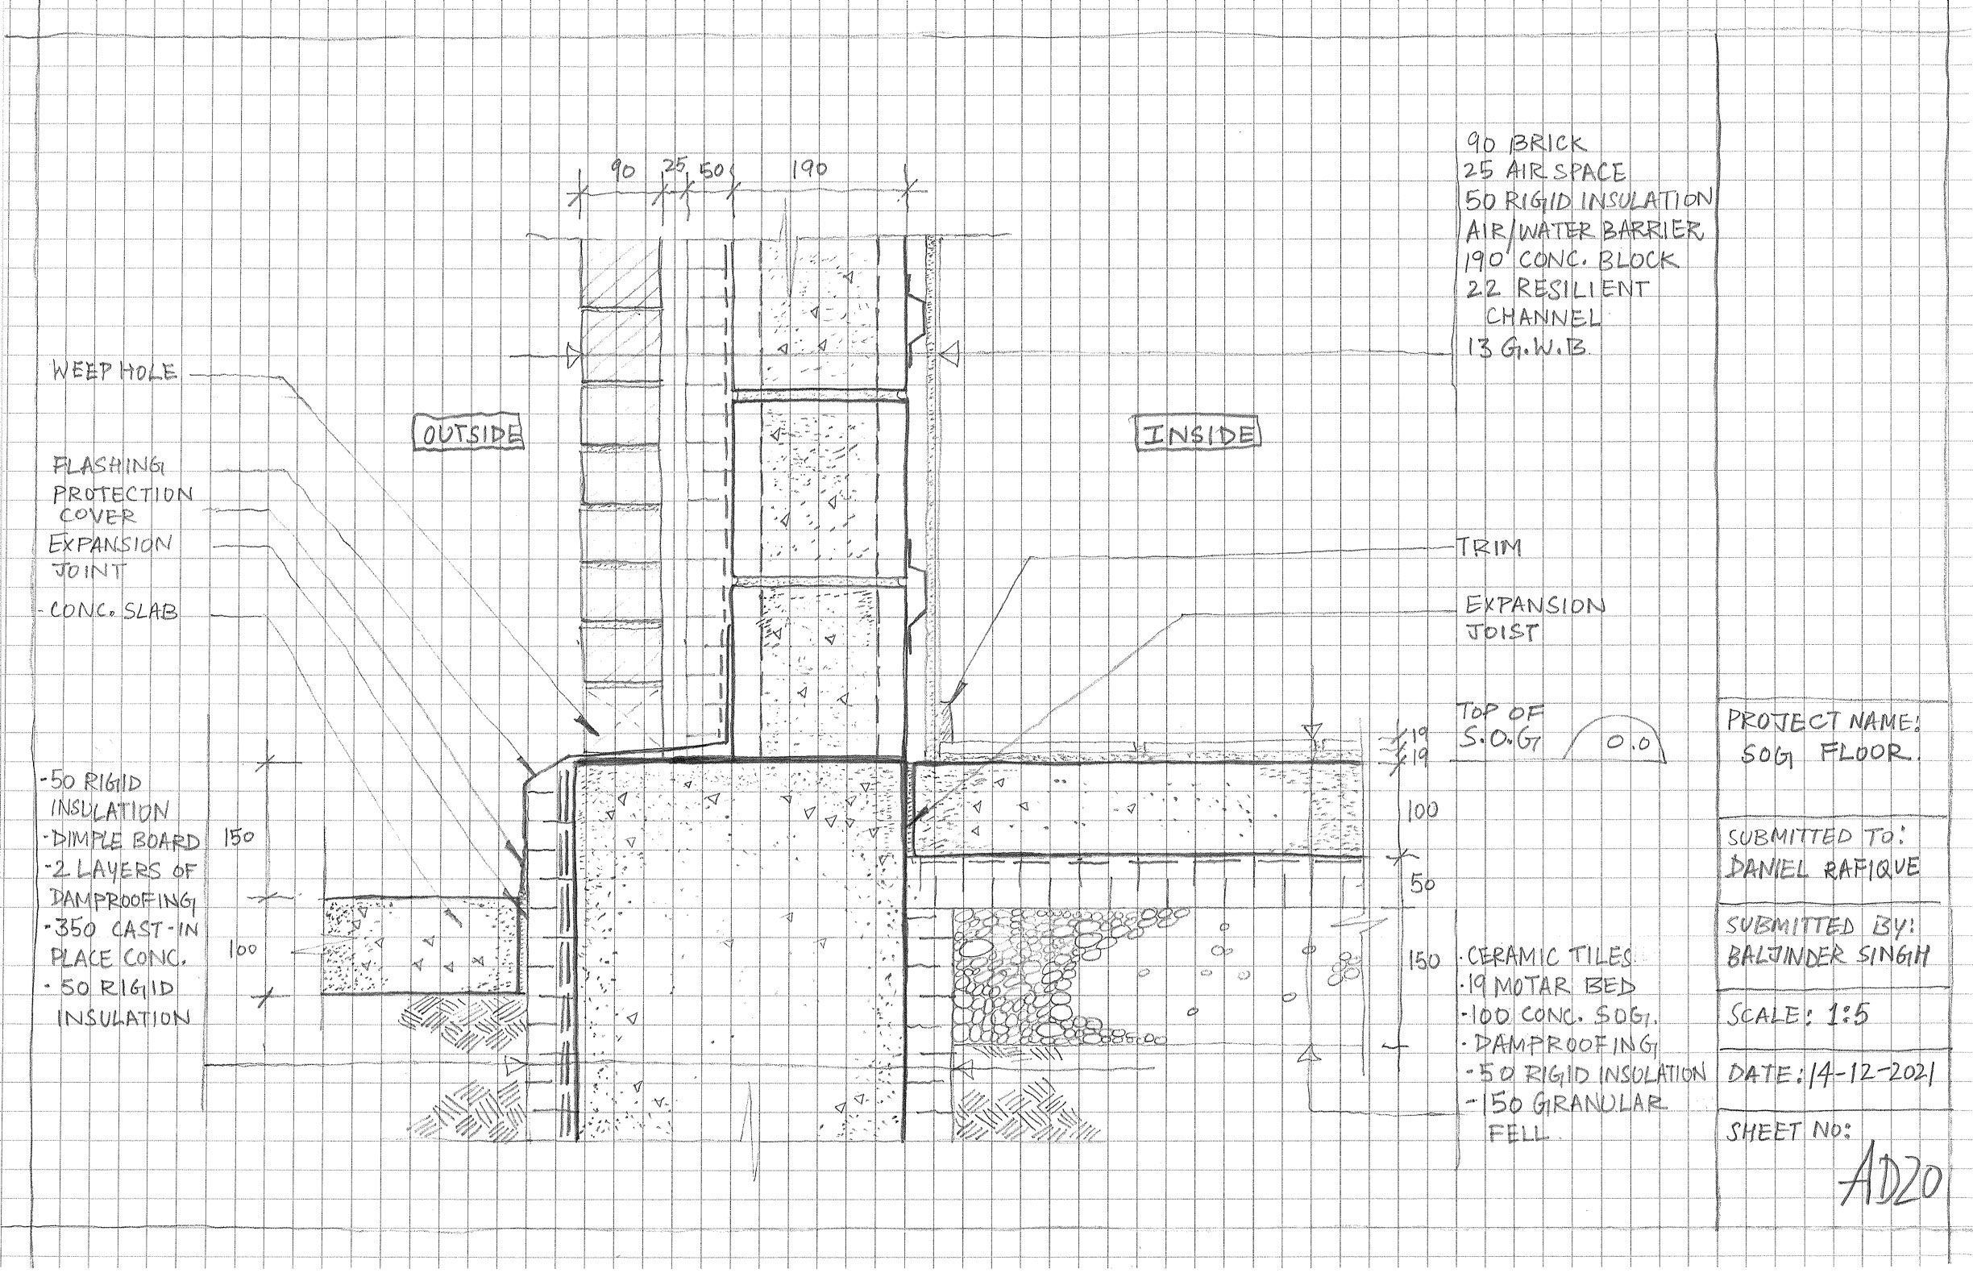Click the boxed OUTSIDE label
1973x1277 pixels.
[469, 435]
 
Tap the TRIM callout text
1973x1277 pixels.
[1488, 549]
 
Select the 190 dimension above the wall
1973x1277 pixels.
[808, 168]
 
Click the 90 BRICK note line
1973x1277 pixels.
[1526, 143]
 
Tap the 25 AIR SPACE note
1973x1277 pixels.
[1543, 172]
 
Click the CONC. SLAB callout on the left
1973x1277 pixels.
[113, 614]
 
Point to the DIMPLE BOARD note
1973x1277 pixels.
[124, 841]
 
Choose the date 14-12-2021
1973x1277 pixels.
[1869, 1075]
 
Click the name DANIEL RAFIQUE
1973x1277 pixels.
[1827, 868]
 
